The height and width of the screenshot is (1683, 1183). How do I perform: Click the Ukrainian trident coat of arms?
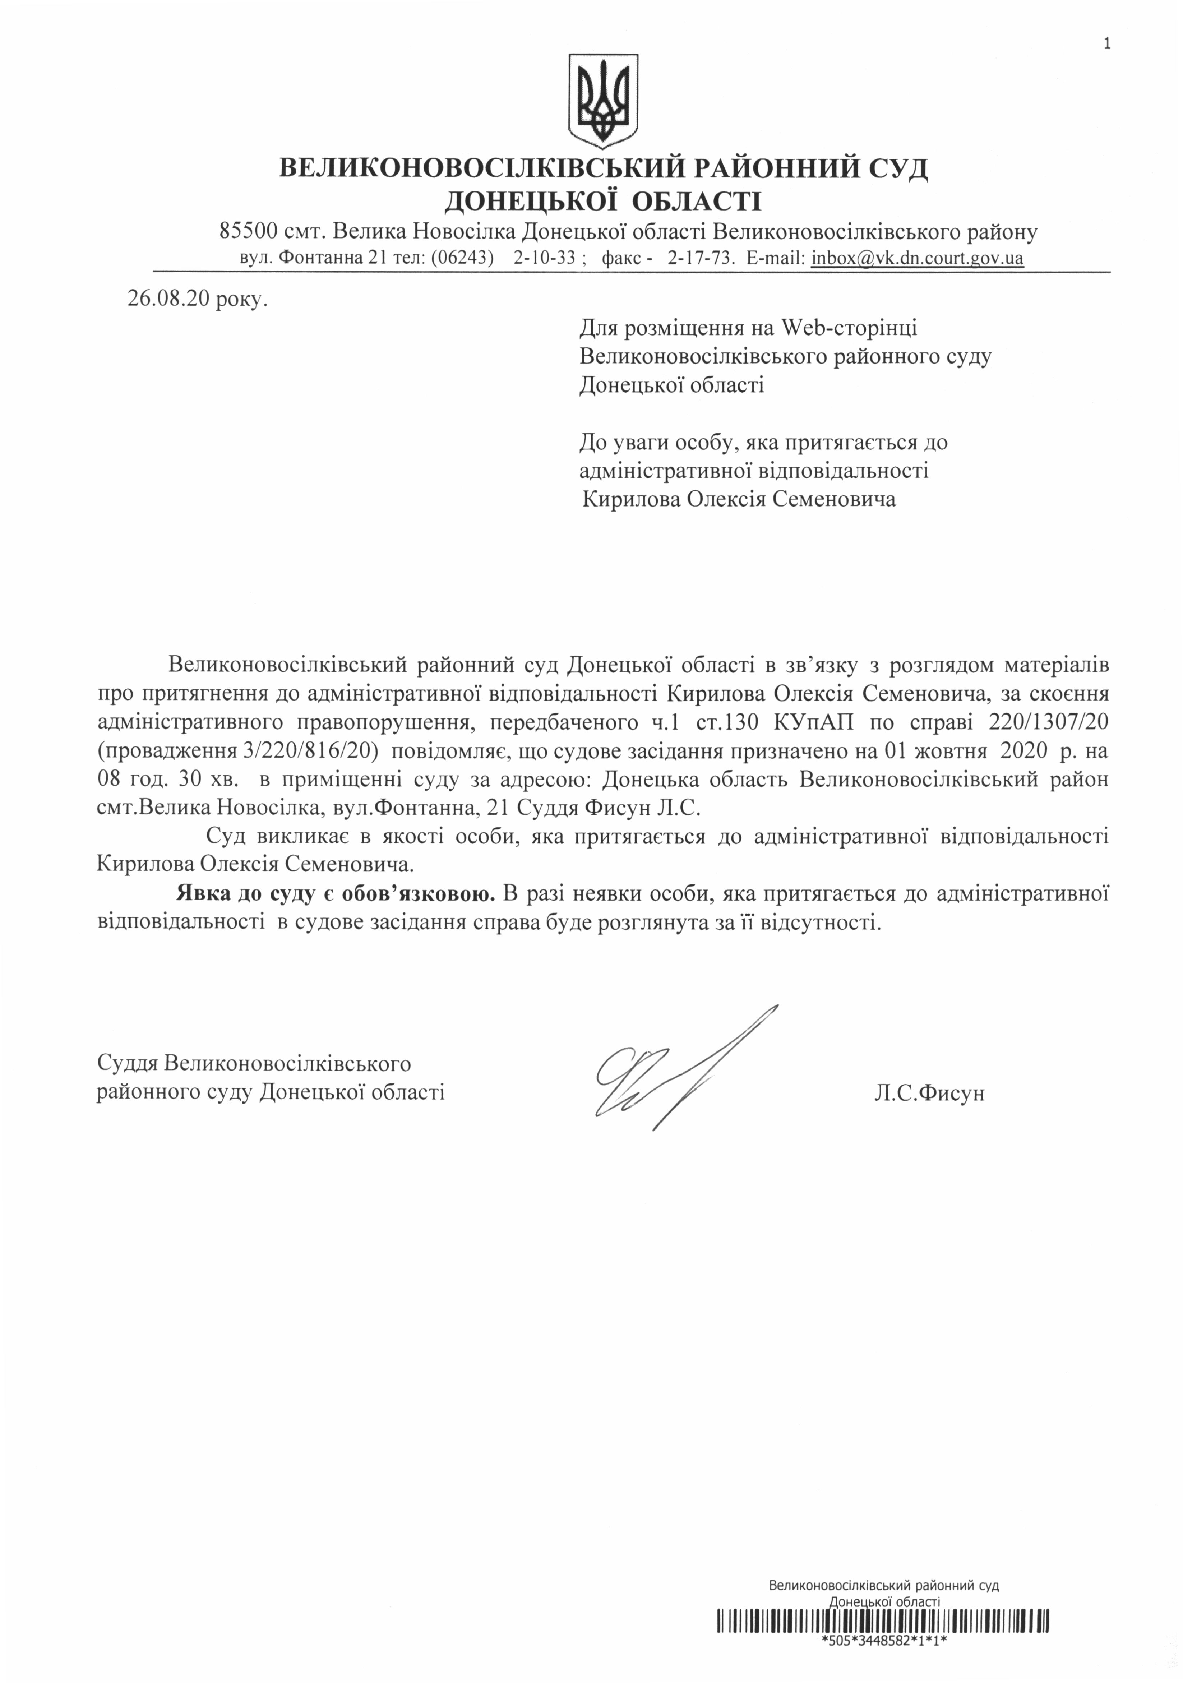(602, 99)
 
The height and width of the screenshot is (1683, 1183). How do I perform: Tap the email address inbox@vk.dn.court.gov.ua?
(917, 258)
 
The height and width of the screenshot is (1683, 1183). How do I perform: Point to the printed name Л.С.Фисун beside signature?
(929, 1093)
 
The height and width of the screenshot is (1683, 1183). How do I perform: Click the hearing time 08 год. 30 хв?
(168, 779)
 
